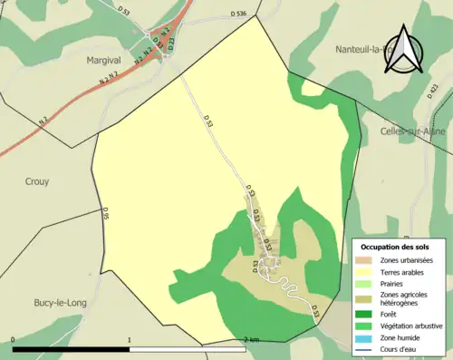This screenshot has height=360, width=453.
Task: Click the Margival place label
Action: [104, 60]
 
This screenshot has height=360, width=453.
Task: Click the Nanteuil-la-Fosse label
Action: [371, 49]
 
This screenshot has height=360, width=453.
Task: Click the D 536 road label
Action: [239, 14]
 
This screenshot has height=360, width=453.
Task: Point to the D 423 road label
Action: [434, 90]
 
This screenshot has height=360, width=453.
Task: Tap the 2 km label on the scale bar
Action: [253, 340]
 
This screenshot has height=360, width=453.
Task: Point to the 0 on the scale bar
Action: [14, 340]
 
